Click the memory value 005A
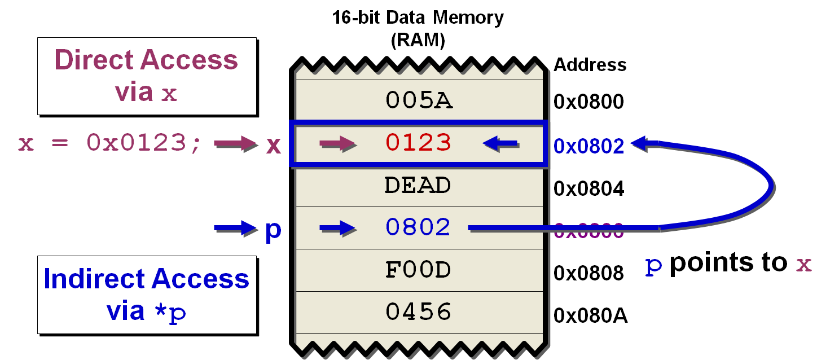tap(419, 101)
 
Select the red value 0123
tap(419, 143)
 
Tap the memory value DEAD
tap(418, 185)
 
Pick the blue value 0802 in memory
tap(418, 227)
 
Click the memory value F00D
tap(418, 270)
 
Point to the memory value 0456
tap(418, 312)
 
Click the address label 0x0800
tap(589, 102)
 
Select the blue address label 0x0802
tap(589, 146)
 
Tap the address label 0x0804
tap(589, 188)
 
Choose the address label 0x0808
tap(589, 273)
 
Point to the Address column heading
tap(590, 65)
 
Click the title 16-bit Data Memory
tap(418, 17)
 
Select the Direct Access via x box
tap(147, 76)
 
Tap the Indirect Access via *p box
tap(147, 295)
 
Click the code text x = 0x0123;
tap(109, 144)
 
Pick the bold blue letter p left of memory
tap(273, 229)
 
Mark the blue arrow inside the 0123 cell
tap(500, 144)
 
